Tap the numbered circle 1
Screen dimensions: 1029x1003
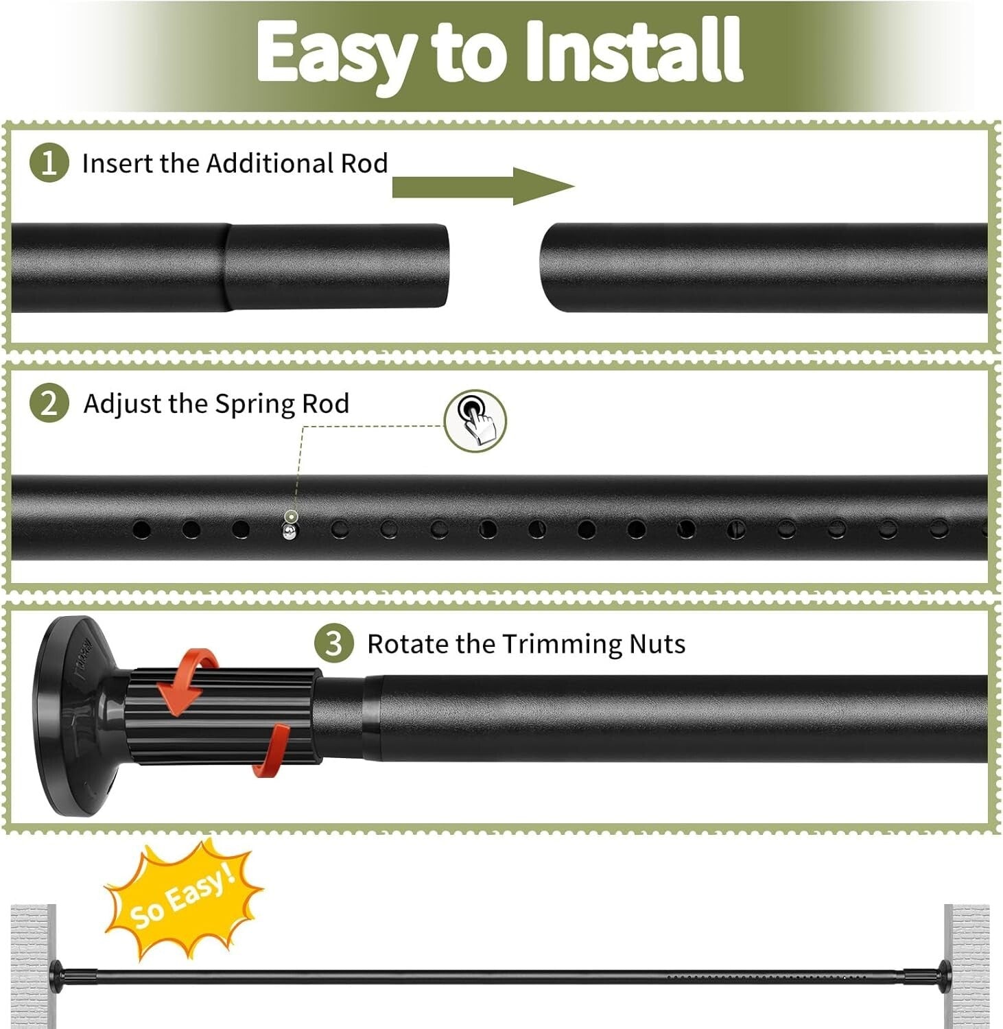point(49,163)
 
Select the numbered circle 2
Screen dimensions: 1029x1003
point(49,403)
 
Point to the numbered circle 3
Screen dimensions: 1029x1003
point(333,644)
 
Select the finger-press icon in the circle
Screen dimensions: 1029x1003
point(475,421)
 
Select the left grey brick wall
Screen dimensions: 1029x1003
point(33,965)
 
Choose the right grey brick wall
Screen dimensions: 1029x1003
point(966,965)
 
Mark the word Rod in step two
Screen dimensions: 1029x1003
point(326,403)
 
